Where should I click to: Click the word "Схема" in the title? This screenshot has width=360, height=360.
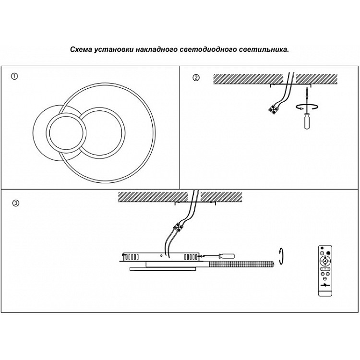[80, 49]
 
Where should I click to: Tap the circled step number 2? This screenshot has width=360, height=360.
[195, 78]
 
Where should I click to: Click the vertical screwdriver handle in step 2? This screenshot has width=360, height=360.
[305, 121]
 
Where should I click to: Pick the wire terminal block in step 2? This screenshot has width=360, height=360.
[274, 109]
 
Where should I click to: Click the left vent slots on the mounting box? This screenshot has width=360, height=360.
[131, 255]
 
